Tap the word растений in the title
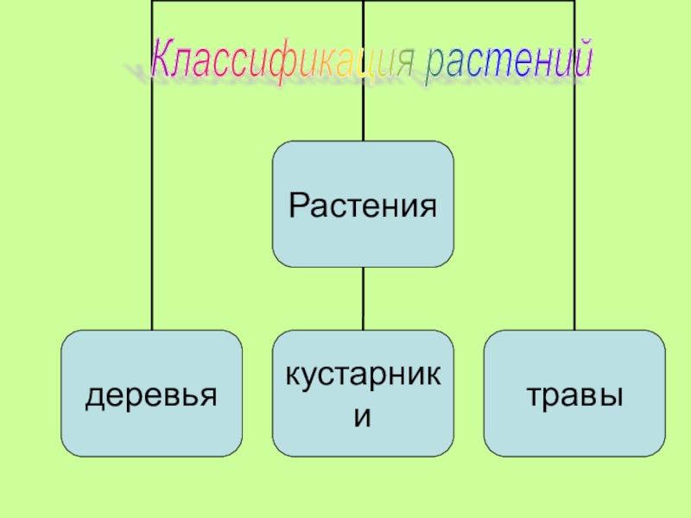(x=510, y=61)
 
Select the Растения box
(x=363, y=205)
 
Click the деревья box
(x=151, y=393)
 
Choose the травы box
(x=574, y=393)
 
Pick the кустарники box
(x=363, y=393)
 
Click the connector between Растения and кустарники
(x=363, y=298)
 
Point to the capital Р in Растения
(x=298, y=205)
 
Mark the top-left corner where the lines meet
(x=152, y=2)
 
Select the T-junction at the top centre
(x=363, y=2)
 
